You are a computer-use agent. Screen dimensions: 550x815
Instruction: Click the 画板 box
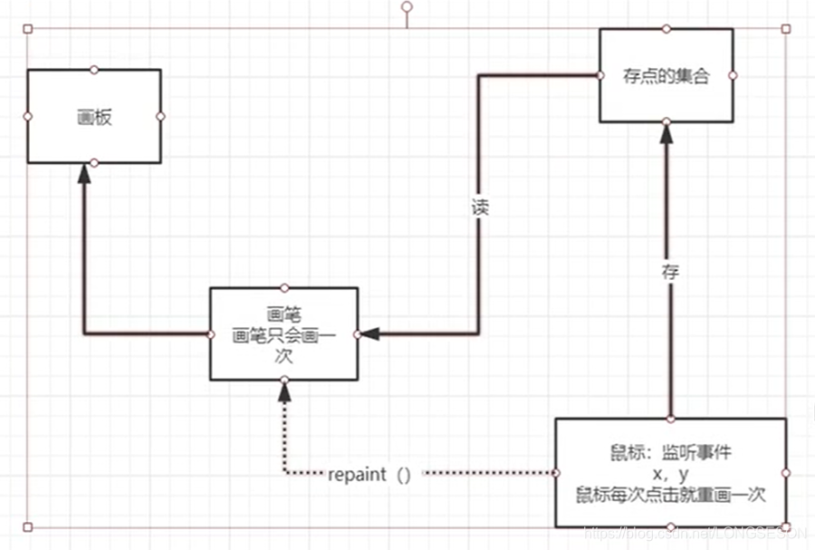coord(94,117)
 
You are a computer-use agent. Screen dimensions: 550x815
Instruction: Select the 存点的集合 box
coord(666,76)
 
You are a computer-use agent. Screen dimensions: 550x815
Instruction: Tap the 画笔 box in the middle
coord(284,334)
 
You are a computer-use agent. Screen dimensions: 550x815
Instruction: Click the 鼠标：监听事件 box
coord(670,472)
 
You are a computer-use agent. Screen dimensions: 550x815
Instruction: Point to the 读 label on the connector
coord(480,206)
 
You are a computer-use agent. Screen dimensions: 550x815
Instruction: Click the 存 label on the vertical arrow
coord(669,269)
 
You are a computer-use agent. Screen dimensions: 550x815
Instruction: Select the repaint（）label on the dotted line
coord(369,474)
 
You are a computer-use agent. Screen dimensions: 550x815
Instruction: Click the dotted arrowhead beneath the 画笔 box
coord(285,392)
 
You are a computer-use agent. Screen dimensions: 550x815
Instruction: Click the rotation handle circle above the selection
coord(407,6)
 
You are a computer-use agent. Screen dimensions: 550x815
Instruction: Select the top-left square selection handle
coord(27,29)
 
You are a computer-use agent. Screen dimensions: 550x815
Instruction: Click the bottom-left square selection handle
coord(27,526)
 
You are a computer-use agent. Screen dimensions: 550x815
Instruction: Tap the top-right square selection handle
coord(786,29)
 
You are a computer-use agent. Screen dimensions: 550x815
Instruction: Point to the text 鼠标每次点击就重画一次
coord(670,495)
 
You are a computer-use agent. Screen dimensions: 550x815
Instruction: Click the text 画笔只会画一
coord(284,335)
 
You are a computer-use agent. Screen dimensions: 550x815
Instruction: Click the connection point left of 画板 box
coord(27,116)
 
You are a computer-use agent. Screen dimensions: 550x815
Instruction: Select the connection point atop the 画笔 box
coord(284,288)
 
